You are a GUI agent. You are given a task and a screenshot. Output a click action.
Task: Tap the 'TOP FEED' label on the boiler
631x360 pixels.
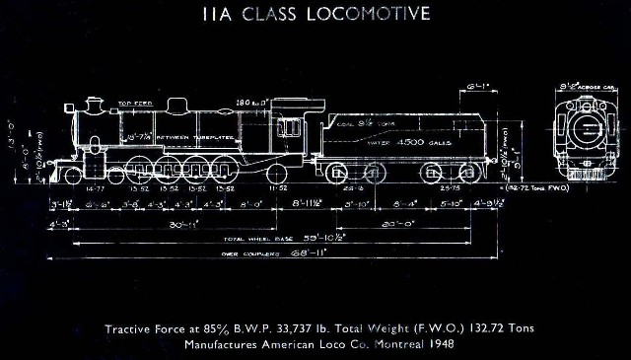pyautogui.click(x=131, y=103)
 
